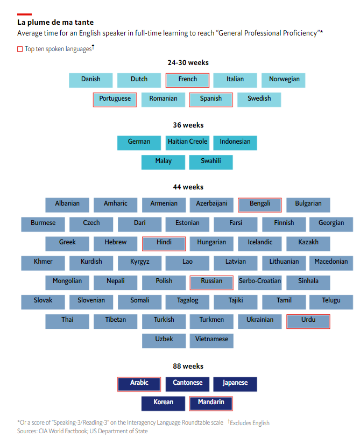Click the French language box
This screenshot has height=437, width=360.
pyautogui.click(x=187, y=80)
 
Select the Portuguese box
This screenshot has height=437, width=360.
pyautogui.click(x=115, y=99)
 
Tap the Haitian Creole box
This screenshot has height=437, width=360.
pyautogui.click(x=187, y=142)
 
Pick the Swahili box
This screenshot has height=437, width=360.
pyautogui.click(x=211, y=161)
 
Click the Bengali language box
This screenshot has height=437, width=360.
pyautogui.click(x=260, y=204)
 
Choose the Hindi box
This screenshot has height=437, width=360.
pyautogui.click(x=164, y=243)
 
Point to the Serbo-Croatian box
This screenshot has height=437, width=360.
pyautogui.click(x=260, y=281)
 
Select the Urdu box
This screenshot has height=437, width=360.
pyautogui.click(x=308, y=320)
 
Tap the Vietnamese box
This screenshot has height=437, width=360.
pyautogui.click(x=211, y=340)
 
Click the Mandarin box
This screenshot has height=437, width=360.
pyautogui.click(x=211, y=403)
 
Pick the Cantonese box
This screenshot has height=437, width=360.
pyautogui.click(x=187, y=383)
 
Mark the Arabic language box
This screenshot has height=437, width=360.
pyautogui.click(x=139, y=383)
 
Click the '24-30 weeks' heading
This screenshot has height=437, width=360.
pyautogui.click(x=188, y=63)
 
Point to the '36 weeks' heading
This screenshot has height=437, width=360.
pyautogui.click(x=188, y=125)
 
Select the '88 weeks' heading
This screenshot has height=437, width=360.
pyautogui.click(x=188, y=366)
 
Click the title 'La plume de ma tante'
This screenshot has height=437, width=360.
pyautogui.click(x=55, y=23)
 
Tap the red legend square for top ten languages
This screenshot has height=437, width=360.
pyautogui.click(x=20, y=49)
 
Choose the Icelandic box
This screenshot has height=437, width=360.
pyautogui.click(x=260, y=243)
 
